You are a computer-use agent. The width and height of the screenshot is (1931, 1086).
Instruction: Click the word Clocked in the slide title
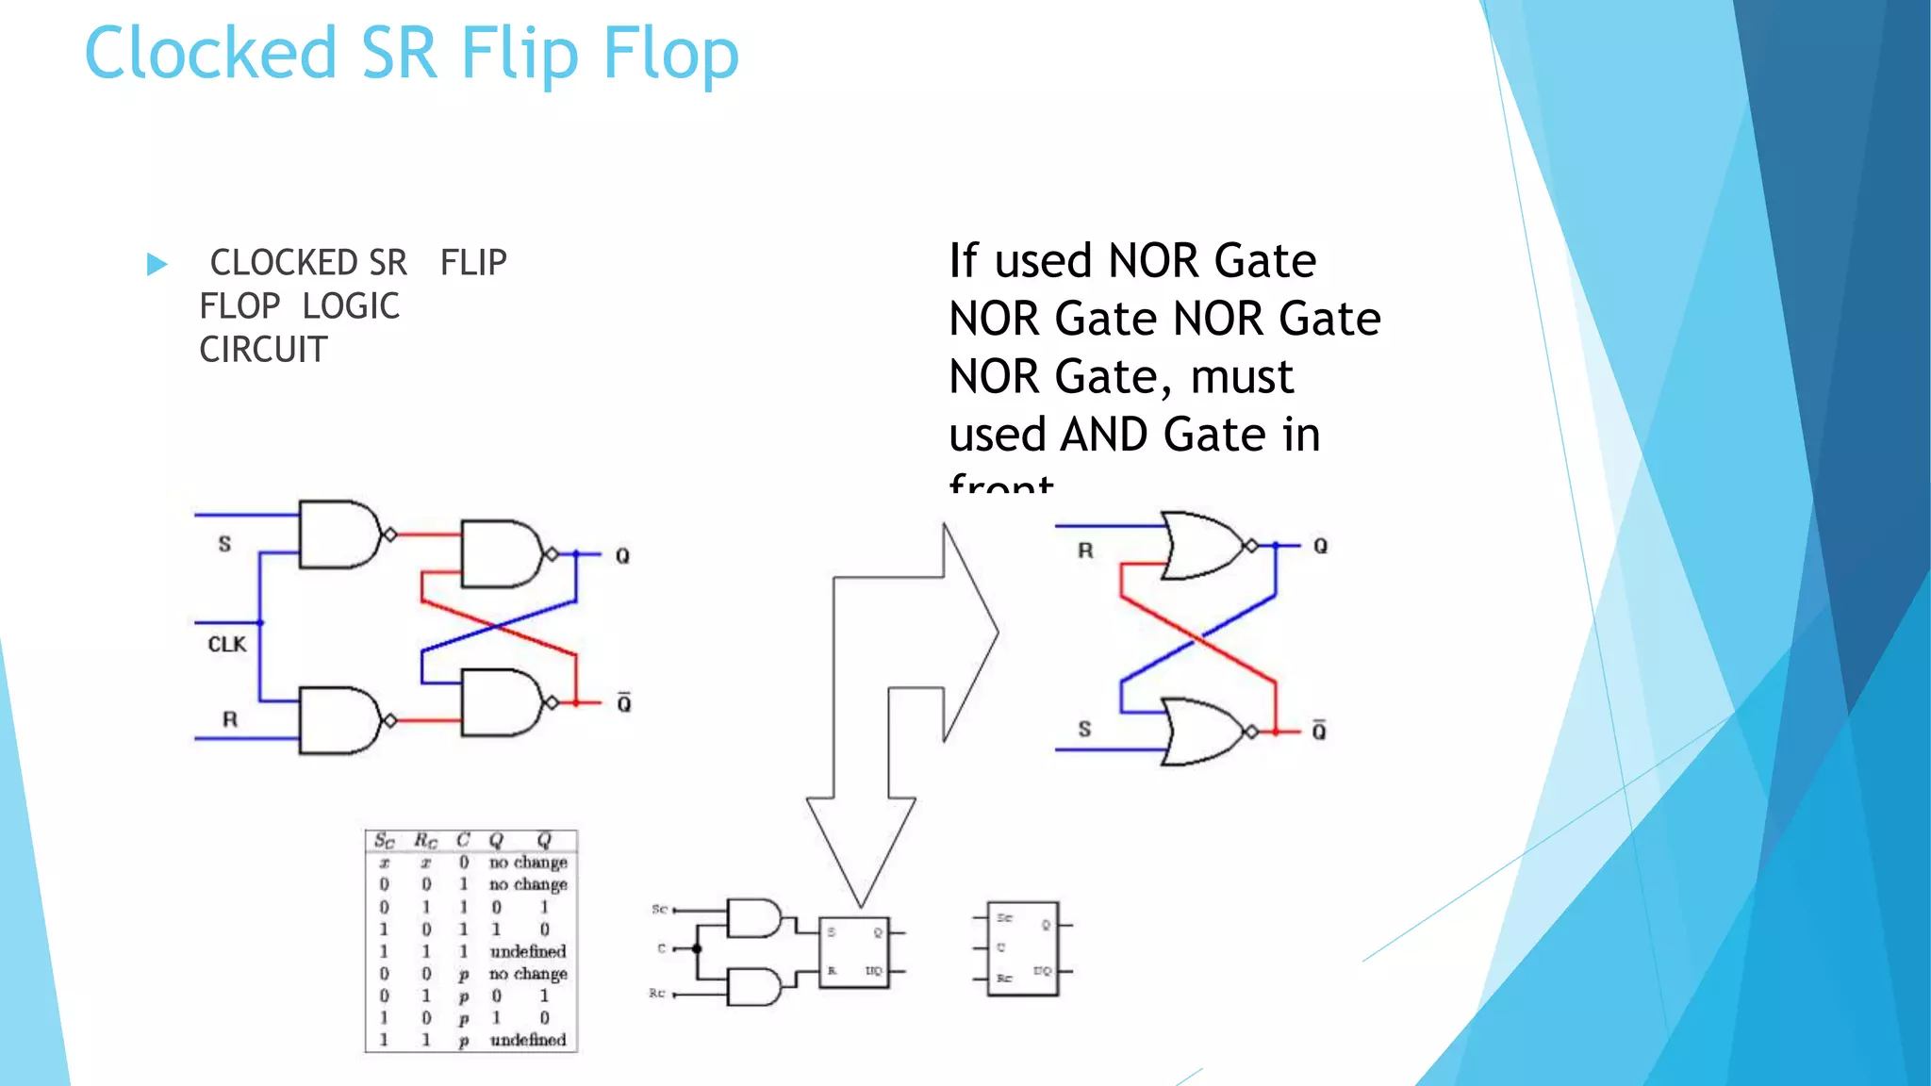[x=210, y=53]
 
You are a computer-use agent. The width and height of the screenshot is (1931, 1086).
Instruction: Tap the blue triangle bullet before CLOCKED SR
[x=157, y=264]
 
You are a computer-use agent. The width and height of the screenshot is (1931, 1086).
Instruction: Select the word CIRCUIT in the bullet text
[x=263, y=350]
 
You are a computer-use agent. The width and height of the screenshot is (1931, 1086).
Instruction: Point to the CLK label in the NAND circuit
[x=226, y=645]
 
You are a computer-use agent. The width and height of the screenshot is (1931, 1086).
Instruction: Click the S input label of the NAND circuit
[x=224, y=544]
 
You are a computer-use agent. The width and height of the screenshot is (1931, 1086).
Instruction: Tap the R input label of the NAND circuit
[x=230, y=720]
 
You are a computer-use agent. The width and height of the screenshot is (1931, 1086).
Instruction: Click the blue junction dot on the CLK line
[x=260, y=623]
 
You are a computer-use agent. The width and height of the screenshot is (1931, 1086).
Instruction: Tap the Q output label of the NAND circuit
[x=622, y=556]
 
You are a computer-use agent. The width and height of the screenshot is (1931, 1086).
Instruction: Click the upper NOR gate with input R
[x=1203, y=545]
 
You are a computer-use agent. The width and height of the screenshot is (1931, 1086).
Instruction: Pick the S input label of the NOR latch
[x=1084, y=729]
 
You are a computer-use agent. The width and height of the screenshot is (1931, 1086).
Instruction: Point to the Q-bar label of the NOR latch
[x=1319, y=731]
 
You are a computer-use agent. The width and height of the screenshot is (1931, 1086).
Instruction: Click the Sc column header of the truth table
[x=384, y=840]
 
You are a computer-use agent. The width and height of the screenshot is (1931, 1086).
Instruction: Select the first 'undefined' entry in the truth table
[x=528, y=951]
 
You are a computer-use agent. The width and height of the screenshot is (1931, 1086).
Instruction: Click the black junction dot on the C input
[x=698, y=948]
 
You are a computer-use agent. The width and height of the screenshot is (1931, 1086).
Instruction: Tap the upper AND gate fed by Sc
[x=753, y=918]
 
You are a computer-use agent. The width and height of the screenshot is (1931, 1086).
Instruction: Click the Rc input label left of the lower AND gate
[x=657, y=994]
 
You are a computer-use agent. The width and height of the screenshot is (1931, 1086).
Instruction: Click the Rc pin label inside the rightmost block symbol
[x=1004, y=979]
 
